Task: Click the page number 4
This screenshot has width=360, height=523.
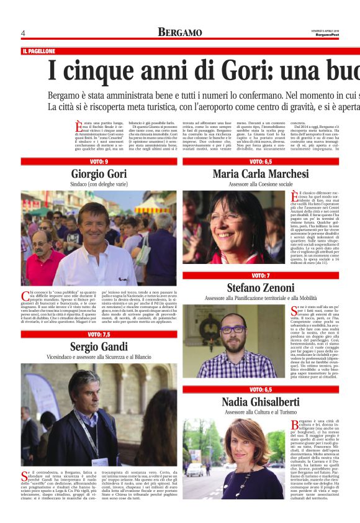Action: click(23, 33)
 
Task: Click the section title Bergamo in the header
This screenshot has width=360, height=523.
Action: click(179, 32)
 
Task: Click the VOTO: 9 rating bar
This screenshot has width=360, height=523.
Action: click(99, 161)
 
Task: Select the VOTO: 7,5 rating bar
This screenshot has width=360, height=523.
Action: click(99, 334)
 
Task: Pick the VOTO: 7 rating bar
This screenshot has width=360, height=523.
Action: click(260, 275)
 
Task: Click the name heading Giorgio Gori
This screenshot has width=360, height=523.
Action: click(99, 173)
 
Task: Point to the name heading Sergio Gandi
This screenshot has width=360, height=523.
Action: click(99, 346)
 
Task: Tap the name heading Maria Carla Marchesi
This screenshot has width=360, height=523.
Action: click(260, 173)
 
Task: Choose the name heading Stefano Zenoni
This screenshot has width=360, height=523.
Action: click(260, 288)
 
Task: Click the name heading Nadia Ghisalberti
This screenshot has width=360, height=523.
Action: click(260, 402)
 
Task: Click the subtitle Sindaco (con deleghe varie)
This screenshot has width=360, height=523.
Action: click(99, 184)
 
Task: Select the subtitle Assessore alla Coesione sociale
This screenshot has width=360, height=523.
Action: click(260, 184)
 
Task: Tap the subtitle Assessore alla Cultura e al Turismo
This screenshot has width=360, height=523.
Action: click(260, 412)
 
